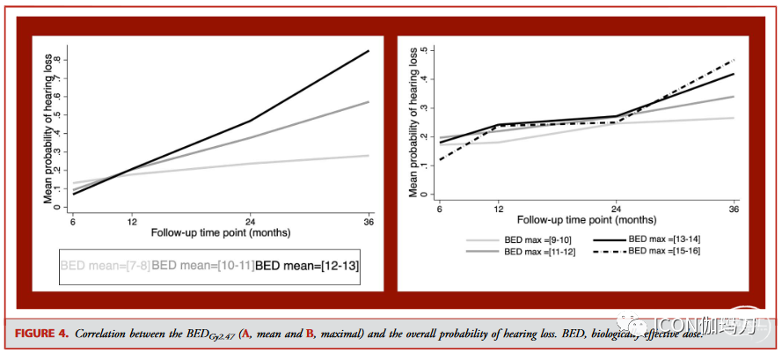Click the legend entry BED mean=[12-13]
coord(308,264)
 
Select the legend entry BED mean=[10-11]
coord(203,264)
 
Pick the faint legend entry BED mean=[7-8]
coord(105,264)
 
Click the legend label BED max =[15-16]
coord(665,251)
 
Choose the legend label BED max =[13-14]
coord(665,239)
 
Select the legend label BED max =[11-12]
coord(537,251)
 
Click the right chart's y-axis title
coord(413,118)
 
